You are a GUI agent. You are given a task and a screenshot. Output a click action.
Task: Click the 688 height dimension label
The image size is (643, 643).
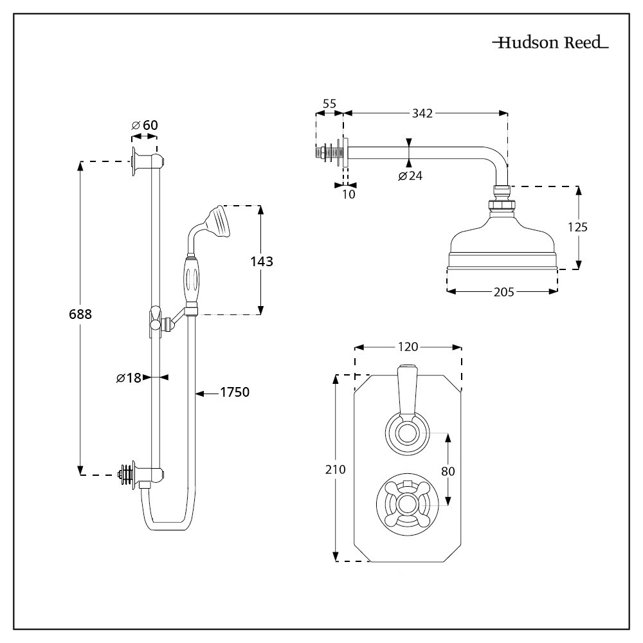pyautogui.click(x=80, y=314)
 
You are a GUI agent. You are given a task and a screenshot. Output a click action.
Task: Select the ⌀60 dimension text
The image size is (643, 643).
pyautogui.click(x=144, y=125)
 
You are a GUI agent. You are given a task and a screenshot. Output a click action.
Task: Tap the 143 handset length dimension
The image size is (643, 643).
pyautogui.click(x=261, y=261)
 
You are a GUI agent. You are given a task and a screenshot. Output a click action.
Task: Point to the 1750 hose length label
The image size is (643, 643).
pyautogui.click(x=235, y=392)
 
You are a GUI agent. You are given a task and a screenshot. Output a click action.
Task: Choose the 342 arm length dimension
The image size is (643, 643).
pyautogui.click(x=422, y=113)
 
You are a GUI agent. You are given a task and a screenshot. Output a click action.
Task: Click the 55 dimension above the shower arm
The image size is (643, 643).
pyautogui.click(x=329, y=103)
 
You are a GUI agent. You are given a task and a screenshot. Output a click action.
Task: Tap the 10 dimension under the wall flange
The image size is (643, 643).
pyautogui.click(x=348, y=194)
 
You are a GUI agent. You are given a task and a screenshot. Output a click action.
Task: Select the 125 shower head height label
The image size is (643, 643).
pyautogui.click(x=579, y=227)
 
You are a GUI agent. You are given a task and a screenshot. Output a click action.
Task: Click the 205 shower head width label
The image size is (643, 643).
pyautogui.click(x=503, y=292)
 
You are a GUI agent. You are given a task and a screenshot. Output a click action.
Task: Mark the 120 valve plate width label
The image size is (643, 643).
pyautogui.click(x=408, y=347)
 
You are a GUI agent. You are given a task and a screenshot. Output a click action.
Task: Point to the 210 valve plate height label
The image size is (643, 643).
pyautogui.click(x=336, y=469)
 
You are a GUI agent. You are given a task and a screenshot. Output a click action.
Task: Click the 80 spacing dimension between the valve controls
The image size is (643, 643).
pyautogui.click(x=448, y=471)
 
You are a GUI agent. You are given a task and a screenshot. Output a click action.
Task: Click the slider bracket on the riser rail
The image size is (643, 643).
pyautogui.click(x=155, y=318)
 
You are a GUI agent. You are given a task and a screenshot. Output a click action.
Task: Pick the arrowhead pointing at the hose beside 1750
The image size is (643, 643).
pyautogui.click(x=200, y=392)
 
